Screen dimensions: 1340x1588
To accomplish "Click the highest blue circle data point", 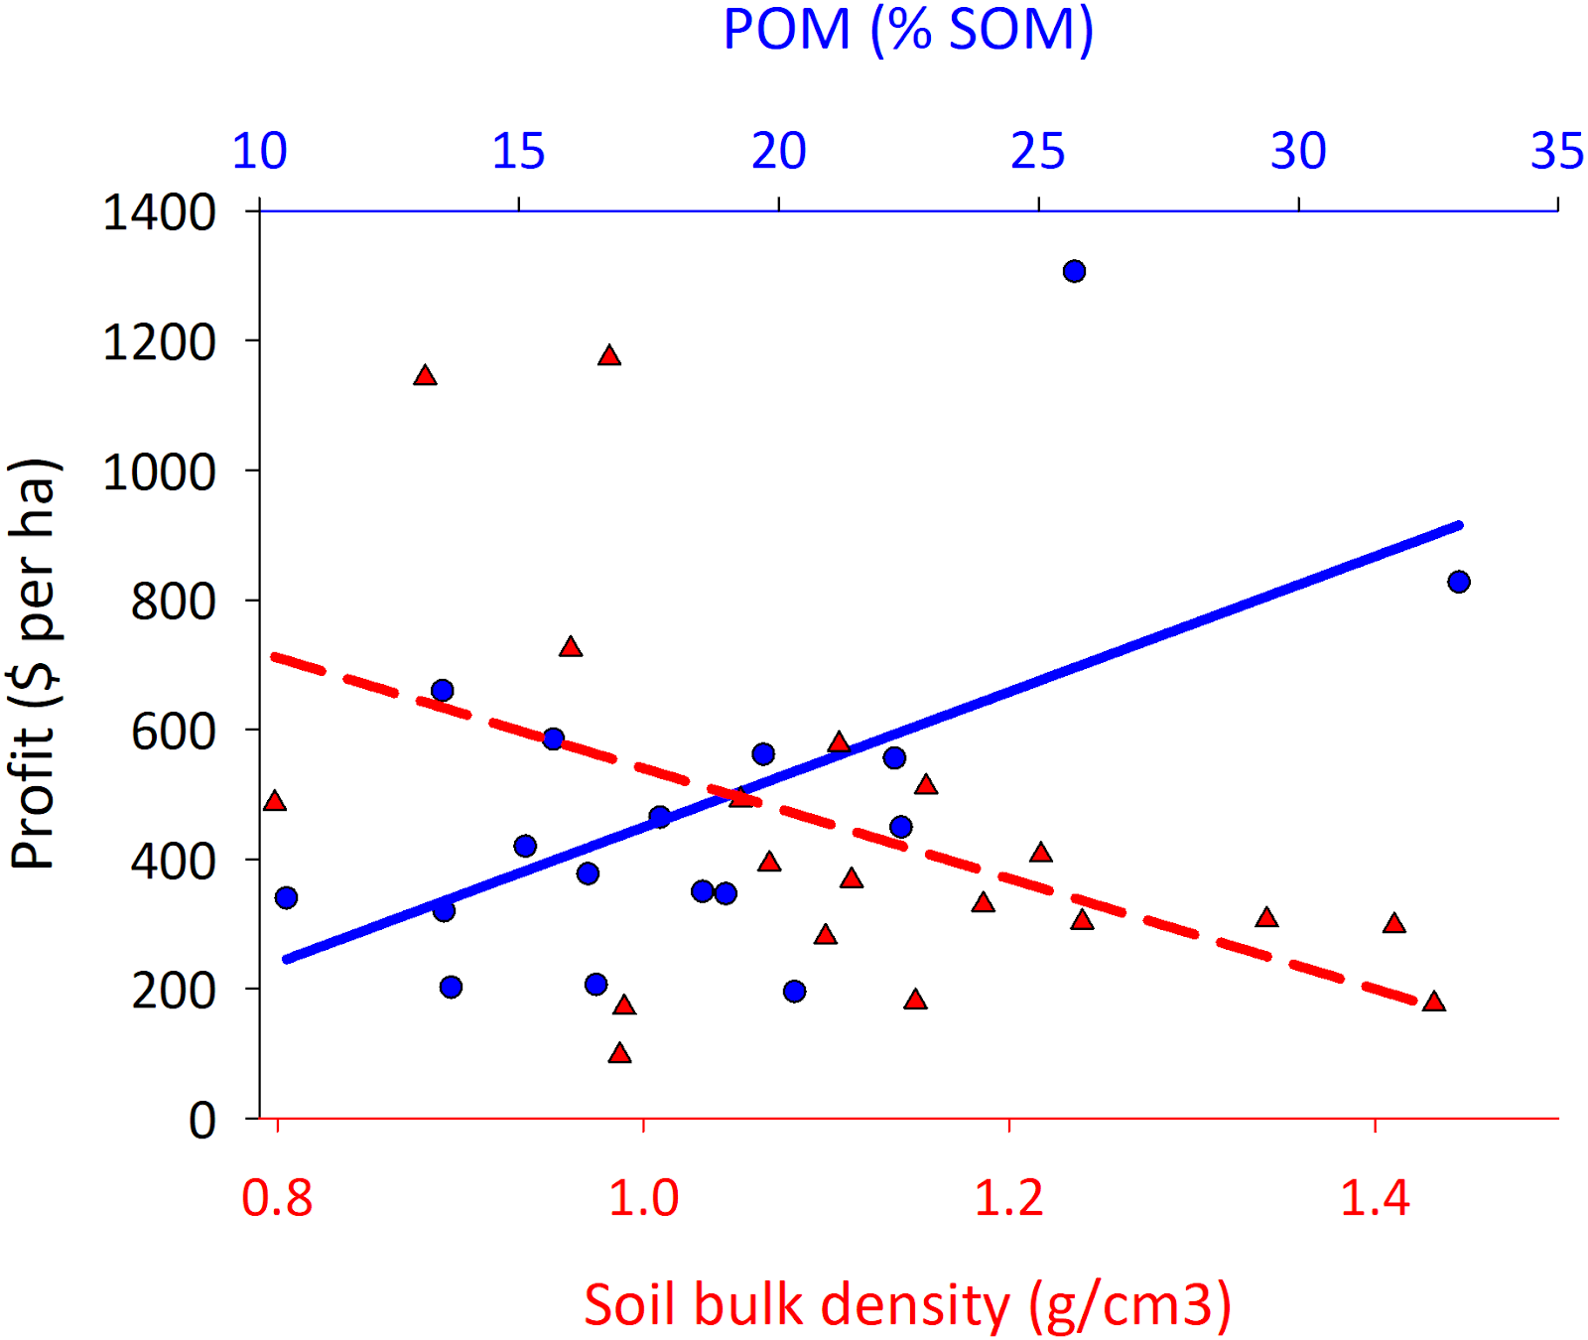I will [x=1074, y=271].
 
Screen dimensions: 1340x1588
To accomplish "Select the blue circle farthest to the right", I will [x=1458, y=582].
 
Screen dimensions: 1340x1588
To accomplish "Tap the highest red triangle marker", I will [x=609, y=355].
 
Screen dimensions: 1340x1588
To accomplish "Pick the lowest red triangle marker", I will [x=620, y=1053].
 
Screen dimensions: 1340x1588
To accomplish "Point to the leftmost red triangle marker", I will [x=275, y=801].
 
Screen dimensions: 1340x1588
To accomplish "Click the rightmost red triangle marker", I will [x=1433, y=1002].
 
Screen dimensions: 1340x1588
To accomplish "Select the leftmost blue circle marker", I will [x=286, y=897].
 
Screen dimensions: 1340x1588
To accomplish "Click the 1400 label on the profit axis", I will [x=159, y=212].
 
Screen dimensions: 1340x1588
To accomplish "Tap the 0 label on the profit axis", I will [x=202, y=1120].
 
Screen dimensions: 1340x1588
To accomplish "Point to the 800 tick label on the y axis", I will [x=173, y=602].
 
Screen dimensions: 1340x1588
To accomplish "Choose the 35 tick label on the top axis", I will [x=1556, y=152].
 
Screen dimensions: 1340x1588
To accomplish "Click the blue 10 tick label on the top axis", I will [x=259, y=152].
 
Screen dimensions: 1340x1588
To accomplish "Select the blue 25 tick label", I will [x=1038, y=152].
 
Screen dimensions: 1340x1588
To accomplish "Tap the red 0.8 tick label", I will [x=277, y=1198].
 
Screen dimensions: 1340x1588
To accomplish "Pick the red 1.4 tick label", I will [x=1375, y=1198].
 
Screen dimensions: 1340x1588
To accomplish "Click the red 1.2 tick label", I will [x=1008, y=1198].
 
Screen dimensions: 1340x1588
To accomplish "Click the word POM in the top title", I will [x=786, y=30].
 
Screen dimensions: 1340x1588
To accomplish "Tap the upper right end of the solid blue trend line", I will [x=1459, y=524].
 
